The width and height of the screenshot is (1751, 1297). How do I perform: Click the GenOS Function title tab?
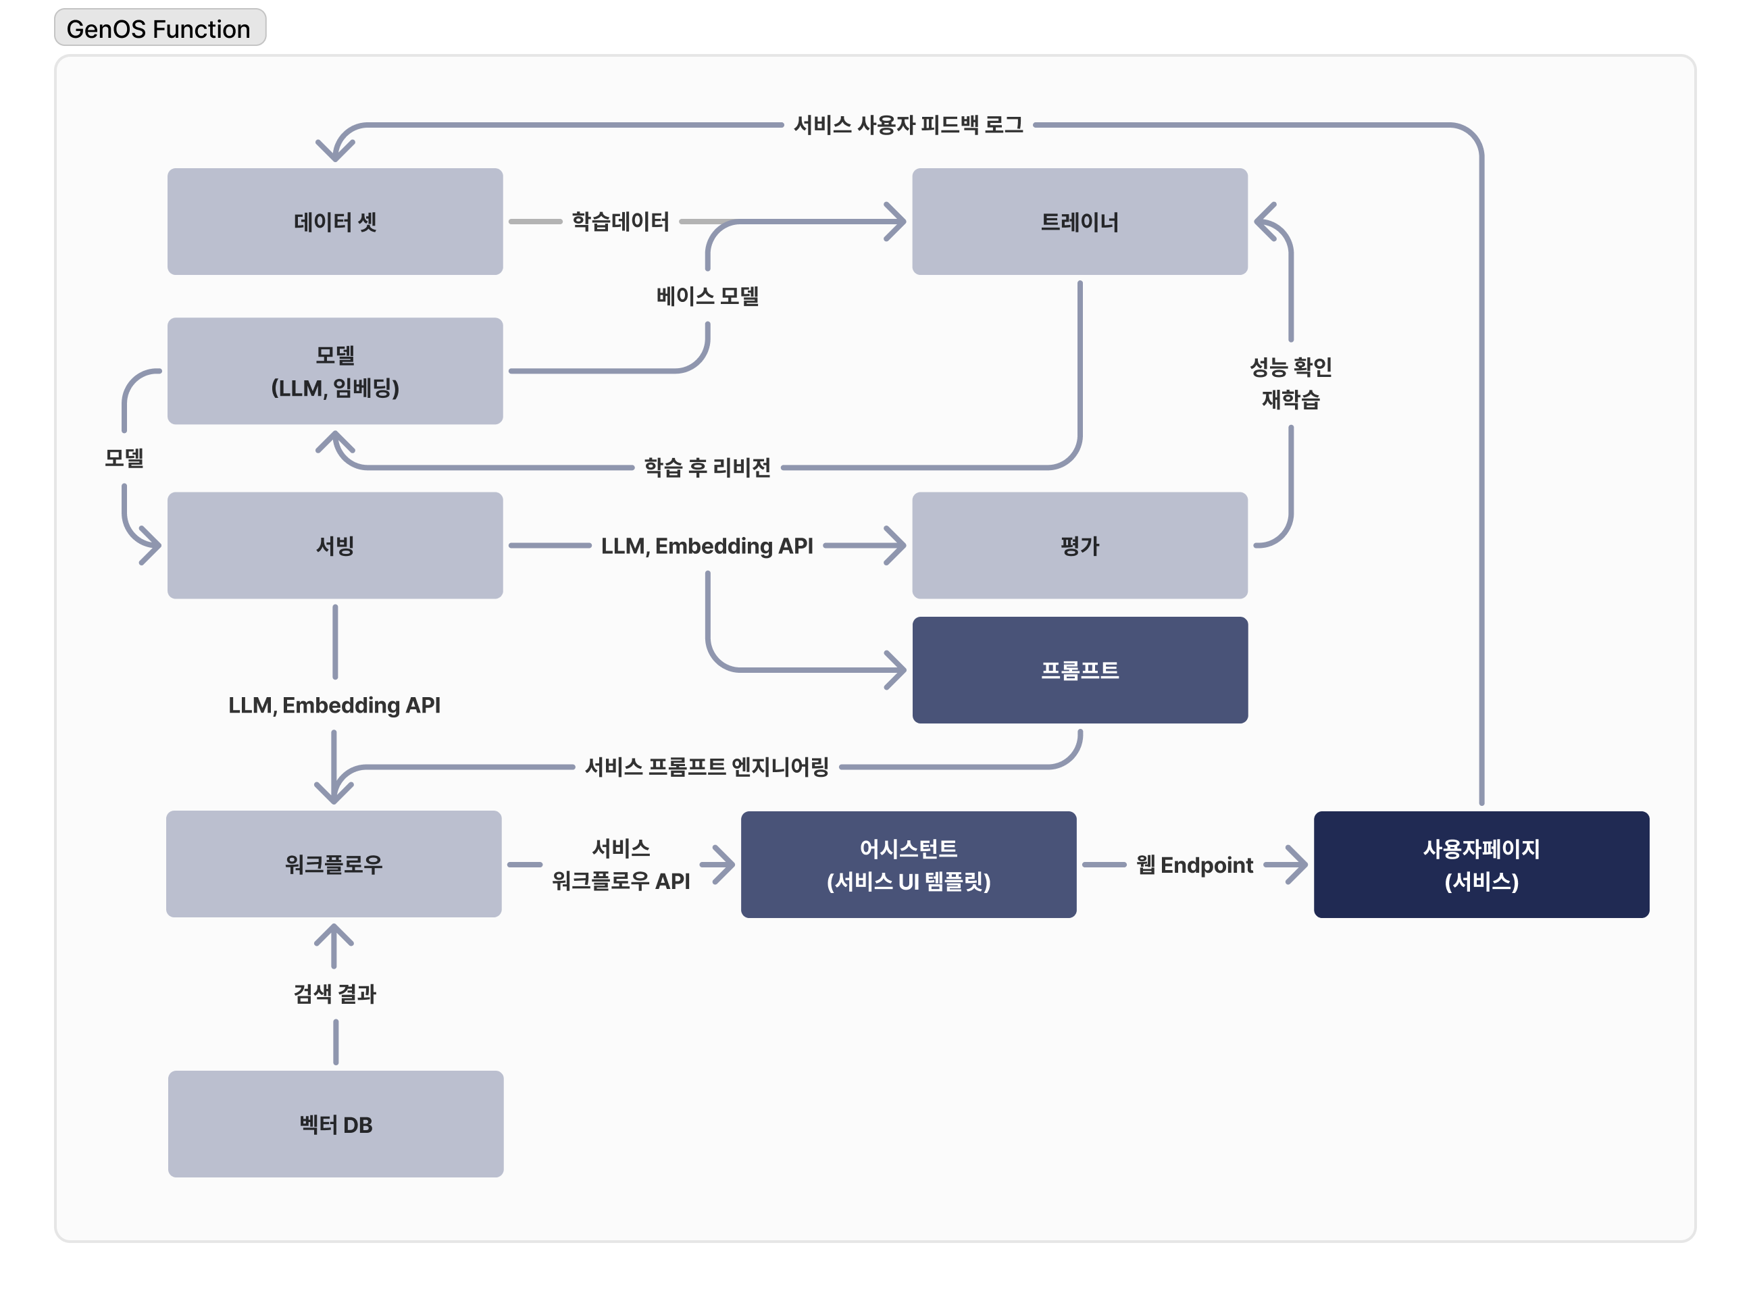click(159, 28)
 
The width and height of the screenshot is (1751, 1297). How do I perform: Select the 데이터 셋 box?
click(335, 222)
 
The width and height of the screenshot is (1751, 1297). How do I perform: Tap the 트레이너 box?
click(1080, 222)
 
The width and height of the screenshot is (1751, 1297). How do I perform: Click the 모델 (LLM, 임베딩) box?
click(335, 372)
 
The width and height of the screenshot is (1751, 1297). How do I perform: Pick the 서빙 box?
click(335, 546)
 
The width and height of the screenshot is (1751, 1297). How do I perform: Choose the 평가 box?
click(1080, 546)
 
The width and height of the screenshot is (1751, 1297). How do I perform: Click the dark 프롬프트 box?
click(1080, 669)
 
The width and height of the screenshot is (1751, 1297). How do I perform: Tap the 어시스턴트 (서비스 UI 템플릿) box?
click(909, 865)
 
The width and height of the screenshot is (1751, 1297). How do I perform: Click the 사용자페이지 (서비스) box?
click(1481, 865)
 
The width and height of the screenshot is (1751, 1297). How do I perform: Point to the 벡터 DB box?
click(335, 1124)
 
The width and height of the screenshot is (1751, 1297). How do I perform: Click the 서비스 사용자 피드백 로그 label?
click(909, 125)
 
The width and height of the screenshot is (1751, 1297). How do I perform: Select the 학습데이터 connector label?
click(620, 222)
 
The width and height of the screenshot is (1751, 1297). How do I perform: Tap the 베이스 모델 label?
click(707, 296)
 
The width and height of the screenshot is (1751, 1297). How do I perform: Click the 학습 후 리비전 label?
click(707, 468)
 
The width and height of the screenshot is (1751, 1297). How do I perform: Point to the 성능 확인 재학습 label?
click(1291, 383)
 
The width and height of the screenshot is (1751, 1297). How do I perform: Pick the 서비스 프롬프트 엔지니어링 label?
click(707, 767)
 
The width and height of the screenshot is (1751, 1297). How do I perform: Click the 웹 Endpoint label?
click(1194, 865)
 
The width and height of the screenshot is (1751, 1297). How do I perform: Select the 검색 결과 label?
click(335, 994)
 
